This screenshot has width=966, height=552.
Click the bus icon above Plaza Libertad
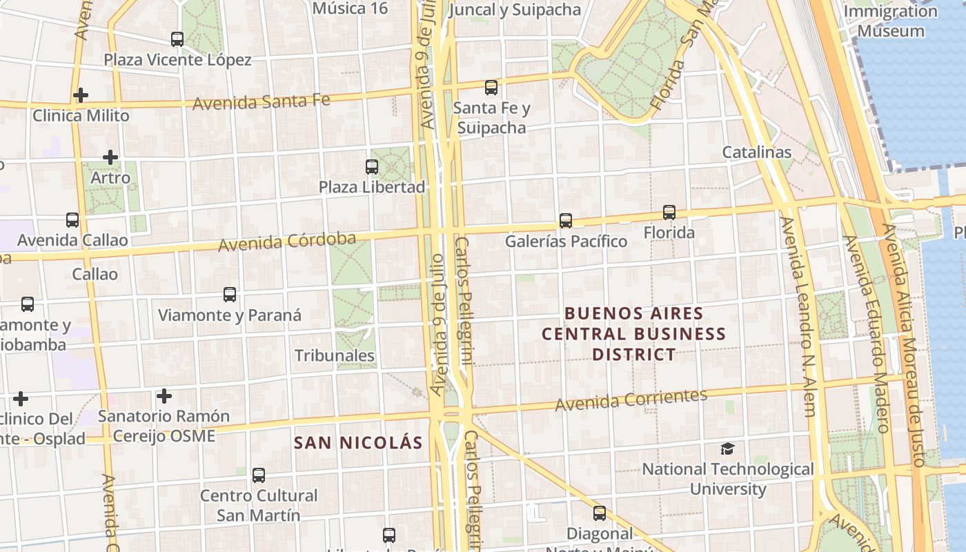click(372, 166)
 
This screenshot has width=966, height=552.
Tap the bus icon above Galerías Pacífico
click(566, 221)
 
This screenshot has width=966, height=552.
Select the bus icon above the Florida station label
click(669, 213)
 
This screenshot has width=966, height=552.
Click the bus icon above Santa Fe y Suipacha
click(491, 88)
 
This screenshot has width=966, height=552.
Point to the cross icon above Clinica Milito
click(81, 95)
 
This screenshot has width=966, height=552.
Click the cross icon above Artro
click(110, 157)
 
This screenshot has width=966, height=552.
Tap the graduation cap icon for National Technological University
click(728, 449)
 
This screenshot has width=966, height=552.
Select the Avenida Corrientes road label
click(631, 400)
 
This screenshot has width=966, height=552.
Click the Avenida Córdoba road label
click(287, 242)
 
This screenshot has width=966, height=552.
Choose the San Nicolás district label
click(358, 442)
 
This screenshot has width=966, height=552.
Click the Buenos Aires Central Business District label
click(633, 334)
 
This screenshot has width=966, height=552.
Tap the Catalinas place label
click(757, 152)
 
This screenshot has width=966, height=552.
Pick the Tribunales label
click(335, 356)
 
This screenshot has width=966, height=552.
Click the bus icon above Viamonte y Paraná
click(230, 295)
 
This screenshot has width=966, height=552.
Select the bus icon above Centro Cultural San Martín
click(259, 475)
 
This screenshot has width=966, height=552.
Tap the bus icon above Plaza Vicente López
click(177, 39)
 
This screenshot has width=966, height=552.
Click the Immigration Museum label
click(891, 21)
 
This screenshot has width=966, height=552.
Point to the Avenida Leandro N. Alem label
click(798, 317)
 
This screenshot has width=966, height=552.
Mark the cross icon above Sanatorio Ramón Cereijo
click(164, 396)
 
